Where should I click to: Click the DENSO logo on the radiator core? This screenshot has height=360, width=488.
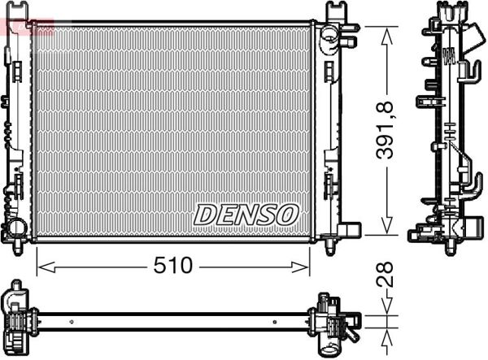246,214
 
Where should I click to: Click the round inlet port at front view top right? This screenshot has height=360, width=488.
327,35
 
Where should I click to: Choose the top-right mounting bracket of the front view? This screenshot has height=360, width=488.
335,12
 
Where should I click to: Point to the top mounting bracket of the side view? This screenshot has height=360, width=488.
450,11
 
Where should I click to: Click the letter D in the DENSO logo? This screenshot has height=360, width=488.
205,215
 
